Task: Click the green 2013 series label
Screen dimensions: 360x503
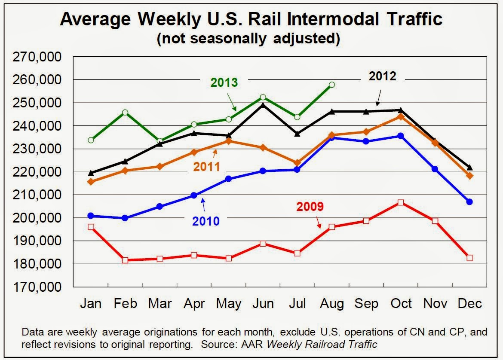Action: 224,82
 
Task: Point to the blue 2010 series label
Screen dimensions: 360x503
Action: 206,221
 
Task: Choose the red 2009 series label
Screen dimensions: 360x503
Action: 310,207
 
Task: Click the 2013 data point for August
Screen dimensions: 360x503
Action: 331,85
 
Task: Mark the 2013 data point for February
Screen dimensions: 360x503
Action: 125,113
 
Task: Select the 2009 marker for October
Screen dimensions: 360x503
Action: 401,202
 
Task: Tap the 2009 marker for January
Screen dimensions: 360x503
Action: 91,227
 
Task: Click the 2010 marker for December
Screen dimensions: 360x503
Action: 469,201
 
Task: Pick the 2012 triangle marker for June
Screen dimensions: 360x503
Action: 263,104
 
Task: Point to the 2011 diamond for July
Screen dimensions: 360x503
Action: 297,163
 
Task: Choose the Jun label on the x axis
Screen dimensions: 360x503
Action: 263,304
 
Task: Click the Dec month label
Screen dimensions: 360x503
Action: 469,304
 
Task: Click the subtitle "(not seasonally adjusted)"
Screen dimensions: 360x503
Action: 248,39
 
